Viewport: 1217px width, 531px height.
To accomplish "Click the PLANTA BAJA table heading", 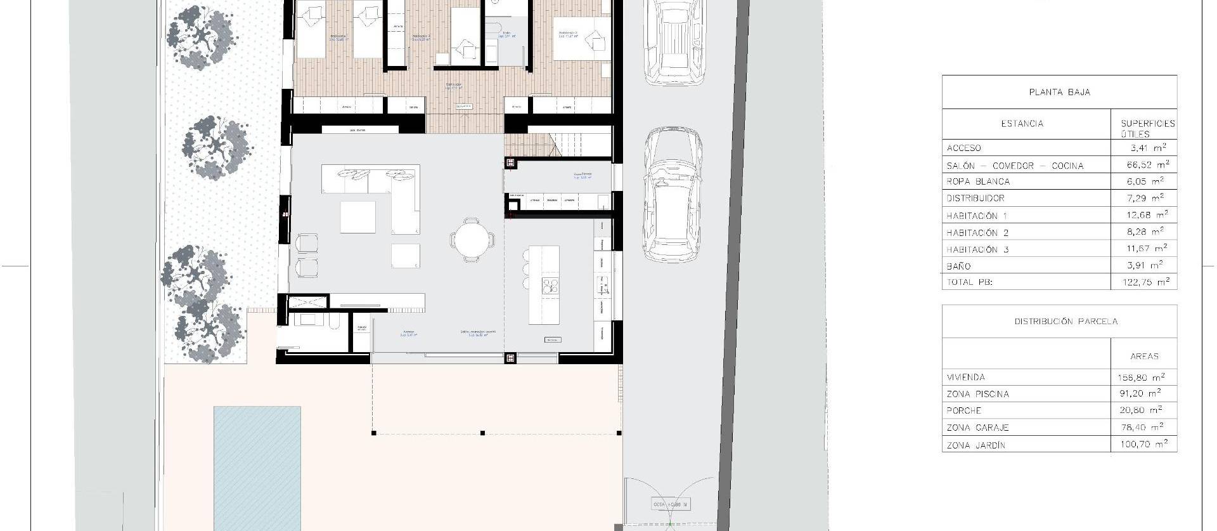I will click(1059, 92).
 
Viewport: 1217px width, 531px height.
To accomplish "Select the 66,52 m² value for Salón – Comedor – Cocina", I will click(1144, 165).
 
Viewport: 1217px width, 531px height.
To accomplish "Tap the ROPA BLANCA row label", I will click(978, 181).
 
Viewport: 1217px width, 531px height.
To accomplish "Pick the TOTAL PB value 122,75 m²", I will click(1144, 282).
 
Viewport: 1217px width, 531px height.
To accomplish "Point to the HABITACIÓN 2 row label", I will click(981, 233).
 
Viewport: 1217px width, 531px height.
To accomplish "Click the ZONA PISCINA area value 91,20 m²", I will click(1140, 393).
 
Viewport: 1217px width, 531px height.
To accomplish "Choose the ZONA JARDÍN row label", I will click(976, 445).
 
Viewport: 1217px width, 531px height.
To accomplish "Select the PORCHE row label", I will click(964, 410).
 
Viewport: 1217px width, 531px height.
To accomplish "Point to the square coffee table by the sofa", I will click(357, 217).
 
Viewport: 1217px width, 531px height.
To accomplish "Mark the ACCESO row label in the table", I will click(963, 148).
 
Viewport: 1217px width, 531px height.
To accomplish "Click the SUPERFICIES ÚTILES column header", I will click(1147, 129).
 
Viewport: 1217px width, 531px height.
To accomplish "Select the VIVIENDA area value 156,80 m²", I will click(1140, 377).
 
